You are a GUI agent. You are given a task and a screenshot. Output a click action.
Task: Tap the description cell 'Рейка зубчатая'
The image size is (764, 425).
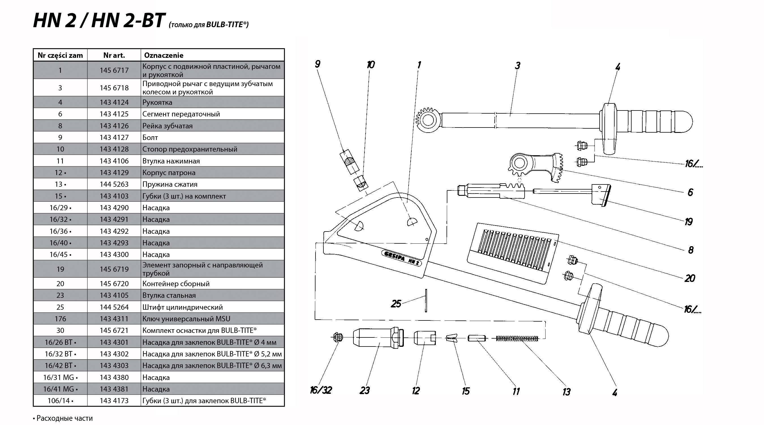(167, 126)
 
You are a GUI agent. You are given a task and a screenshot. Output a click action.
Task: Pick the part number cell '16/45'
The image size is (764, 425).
(60, 254)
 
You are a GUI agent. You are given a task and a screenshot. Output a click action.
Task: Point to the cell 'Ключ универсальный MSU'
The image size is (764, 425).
(186, 319)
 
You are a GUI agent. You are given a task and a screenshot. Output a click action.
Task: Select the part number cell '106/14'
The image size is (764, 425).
(60, 401)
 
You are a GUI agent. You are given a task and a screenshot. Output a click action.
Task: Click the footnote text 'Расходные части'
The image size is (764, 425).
(64, 418)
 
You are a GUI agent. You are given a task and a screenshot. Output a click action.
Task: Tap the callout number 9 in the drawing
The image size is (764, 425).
(318, 64)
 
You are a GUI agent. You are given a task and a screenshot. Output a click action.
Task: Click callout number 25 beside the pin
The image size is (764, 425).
(396, 303)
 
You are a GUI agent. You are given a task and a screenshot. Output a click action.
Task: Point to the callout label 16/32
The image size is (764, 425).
(321, 390)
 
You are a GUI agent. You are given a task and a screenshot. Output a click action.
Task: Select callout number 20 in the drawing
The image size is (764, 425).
(690, 278)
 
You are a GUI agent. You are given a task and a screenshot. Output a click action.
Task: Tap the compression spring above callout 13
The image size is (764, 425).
(517, 338)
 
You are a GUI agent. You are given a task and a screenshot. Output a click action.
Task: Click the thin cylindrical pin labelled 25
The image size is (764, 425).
(426, 301)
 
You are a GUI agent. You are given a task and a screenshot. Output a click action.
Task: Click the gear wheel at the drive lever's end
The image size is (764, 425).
(429, 120)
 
